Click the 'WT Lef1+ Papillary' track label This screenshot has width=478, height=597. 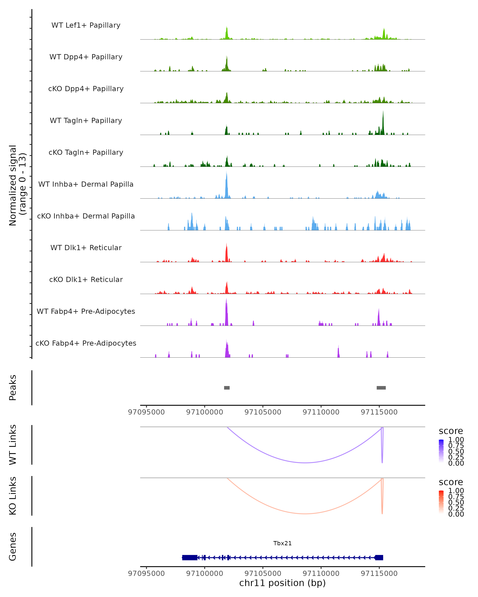86,25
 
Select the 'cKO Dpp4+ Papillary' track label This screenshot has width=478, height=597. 86,89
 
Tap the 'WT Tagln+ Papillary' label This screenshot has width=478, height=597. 86,121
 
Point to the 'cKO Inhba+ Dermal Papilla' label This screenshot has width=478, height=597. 86,216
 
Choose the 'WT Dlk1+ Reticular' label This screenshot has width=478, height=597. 86,248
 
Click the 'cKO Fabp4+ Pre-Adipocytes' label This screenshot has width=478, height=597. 86,343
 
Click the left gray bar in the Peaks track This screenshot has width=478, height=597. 227,388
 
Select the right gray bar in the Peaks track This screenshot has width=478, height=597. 381,388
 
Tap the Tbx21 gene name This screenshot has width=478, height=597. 282,543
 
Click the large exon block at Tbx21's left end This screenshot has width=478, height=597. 190,557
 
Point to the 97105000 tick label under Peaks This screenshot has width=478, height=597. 263,412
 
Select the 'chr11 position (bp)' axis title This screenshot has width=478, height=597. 282,583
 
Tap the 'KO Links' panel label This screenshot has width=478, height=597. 13,496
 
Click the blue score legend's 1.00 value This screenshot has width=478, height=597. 456,440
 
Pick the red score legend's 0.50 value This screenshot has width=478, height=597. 456,502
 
